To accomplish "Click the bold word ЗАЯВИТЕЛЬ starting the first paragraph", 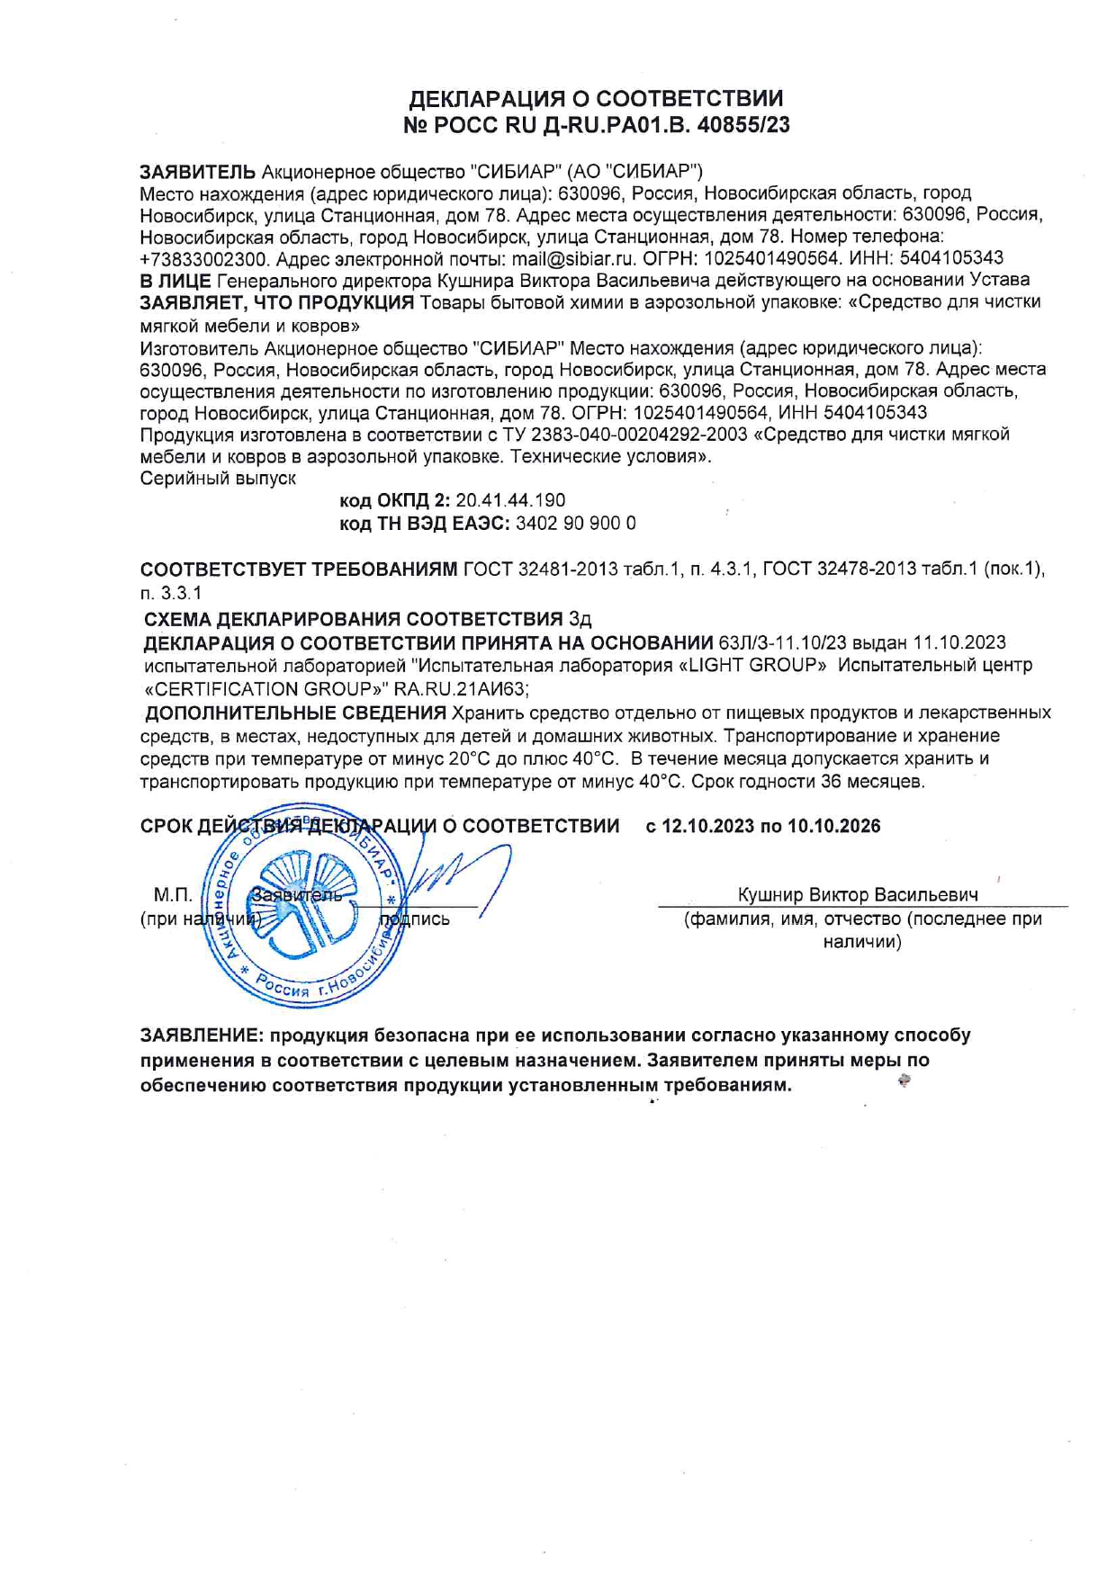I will (198, 171).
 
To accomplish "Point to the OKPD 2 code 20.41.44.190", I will (510, 500).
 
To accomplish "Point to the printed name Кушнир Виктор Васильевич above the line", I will (858, 894).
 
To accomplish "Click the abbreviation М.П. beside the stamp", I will (173, 894).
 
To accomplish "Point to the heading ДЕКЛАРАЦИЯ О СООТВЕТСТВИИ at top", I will (596, 98).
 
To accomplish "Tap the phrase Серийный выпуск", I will (218, 479).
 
